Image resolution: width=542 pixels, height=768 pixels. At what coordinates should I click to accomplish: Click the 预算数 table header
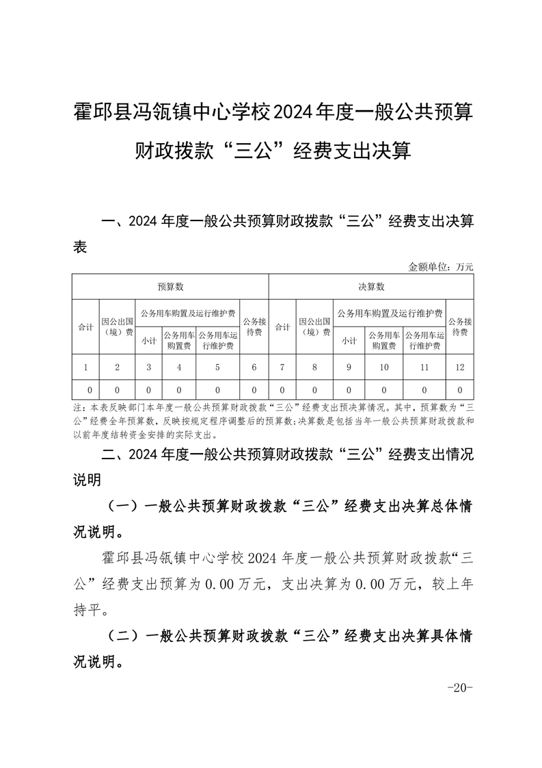170,287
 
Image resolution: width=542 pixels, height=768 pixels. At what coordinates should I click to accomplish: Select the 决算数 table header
371,287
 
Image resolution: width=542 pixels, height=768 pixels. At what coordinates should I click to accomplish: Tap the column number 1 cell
85,368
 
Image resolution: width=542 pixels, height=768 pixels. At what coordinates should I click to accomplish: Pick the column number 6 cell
254,368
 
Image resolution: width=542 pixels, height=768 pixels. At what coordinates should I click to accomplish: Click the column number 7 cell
283,368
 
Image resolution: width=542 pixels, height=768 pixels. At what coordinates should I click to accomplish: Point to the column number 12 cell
459,368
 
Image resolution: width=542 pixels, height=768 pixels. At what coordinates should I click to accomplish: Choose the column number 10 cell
384,368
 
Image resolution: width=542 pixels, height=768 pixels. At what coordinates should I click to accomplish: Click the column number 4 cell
179,368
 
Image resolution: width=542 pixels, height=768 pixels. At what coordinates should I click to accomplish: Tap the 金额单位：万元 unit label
441,267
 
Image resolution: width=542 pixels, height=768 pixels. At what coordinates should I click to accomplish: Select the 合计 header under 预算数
85,327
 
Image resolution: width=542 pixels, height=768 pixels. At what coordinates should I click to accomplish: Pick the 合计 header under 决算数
283,327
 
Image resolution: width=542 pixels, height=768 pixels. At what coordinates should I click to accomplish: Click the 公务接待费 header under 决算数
459,327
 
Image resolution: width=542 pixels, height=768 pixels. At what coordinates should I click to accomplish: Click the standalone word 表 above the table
80,248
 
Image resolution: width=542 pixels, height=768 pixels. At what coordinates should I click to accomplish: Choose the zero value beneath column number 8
314,390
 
